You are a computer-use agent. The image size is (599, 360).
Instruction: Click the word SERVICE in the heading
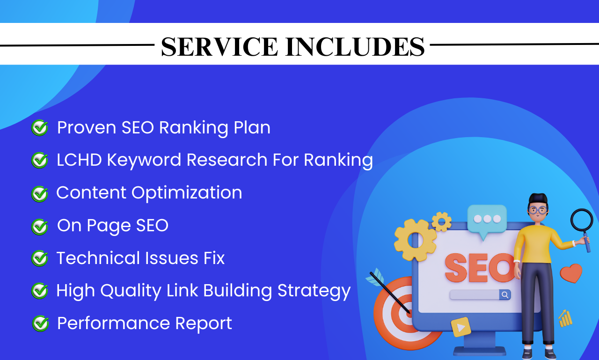pos(219,47)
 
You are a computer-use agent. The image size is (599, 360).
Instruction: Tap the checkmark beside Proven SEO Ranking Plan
pos(40,127)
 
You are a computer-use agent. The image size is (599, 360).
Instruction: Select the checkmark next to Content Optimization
pos(40,193)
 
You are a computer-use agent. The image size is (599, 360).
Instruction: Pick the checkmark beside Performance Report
pos(40,323)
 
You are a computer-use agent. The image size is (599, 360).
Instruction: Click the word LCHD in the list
pos(79,160)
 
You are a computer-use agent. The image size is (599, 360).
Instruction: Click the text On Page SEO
pos(112,226)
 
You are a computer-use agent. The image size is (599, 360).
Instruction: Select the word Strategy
pos(314,291)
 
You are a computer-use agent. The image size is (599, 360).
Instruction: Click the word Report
pos(204,323)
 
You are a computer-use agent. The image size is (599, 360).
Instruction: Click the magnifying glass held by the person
pos(582,222)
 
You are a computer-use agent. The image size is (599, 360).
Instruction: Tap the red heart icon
pos(571,273)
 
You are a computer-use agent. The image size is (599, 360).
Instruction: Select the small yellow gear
pos(441,222)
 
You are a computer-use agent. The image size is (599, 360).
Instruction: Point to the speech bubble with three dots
pos(487,219)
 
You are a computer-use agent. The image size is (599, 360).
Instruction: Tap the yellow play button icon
pos(461,327)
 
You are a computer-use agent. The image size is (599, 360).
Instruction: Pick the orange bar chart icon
pos(566,319)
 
